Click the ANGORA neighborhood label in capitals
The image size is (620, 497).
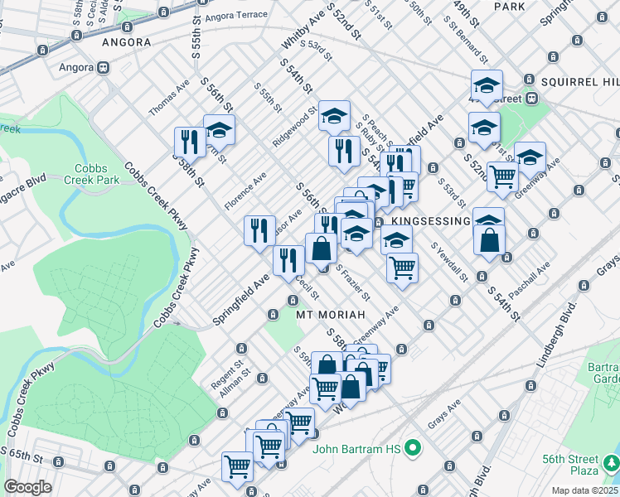click(126, 41)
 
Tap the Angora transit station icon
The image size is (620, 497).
click(104, 68)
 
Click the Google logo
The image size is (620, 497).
click(27, 487)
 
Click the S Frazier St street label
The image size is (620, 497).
click(353, 284)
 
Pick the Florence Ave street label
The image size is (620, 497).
click(245, 191)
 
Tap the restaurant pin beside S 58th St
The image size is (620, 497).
click(190, 142)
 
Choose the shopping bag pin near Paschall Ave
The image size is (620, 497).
click(489, 240)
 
